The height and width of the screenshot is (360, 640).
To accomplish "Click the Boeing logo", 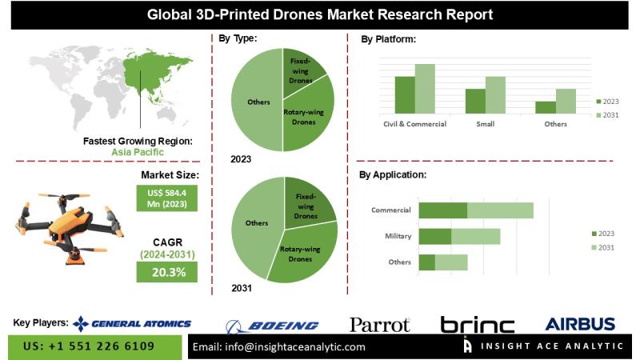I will (x=272, y=325).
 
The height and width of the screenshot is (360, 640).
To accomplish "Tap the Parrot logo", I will (x=379, y=324).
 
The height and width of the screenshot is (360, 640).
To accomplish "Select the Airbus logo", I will (x=580, y=324).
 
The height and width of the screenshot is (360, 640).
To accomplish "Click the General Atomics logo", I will (x=132, y=323).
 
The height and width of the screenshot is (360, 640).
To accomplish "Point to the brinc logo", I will (x=478, y=325).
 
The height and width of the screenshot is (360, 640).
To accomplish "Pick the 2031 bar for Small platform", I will (x=495, y=94).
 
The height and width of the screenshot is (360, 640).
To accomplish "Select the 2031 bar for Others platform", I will (x=566, y=101).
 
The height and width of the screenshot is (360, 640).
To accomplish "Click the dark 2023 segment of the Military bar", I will (x=435, y=236).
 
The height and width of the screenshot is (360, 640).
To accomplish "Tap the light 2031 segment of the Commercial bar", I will (x=500, y=210).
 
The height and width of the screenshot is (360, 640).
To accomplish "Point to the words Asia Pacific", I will (x=137, y=151).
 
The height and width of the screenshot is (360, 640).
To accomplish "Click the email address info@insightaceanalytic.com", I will (x=279, y=347).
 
